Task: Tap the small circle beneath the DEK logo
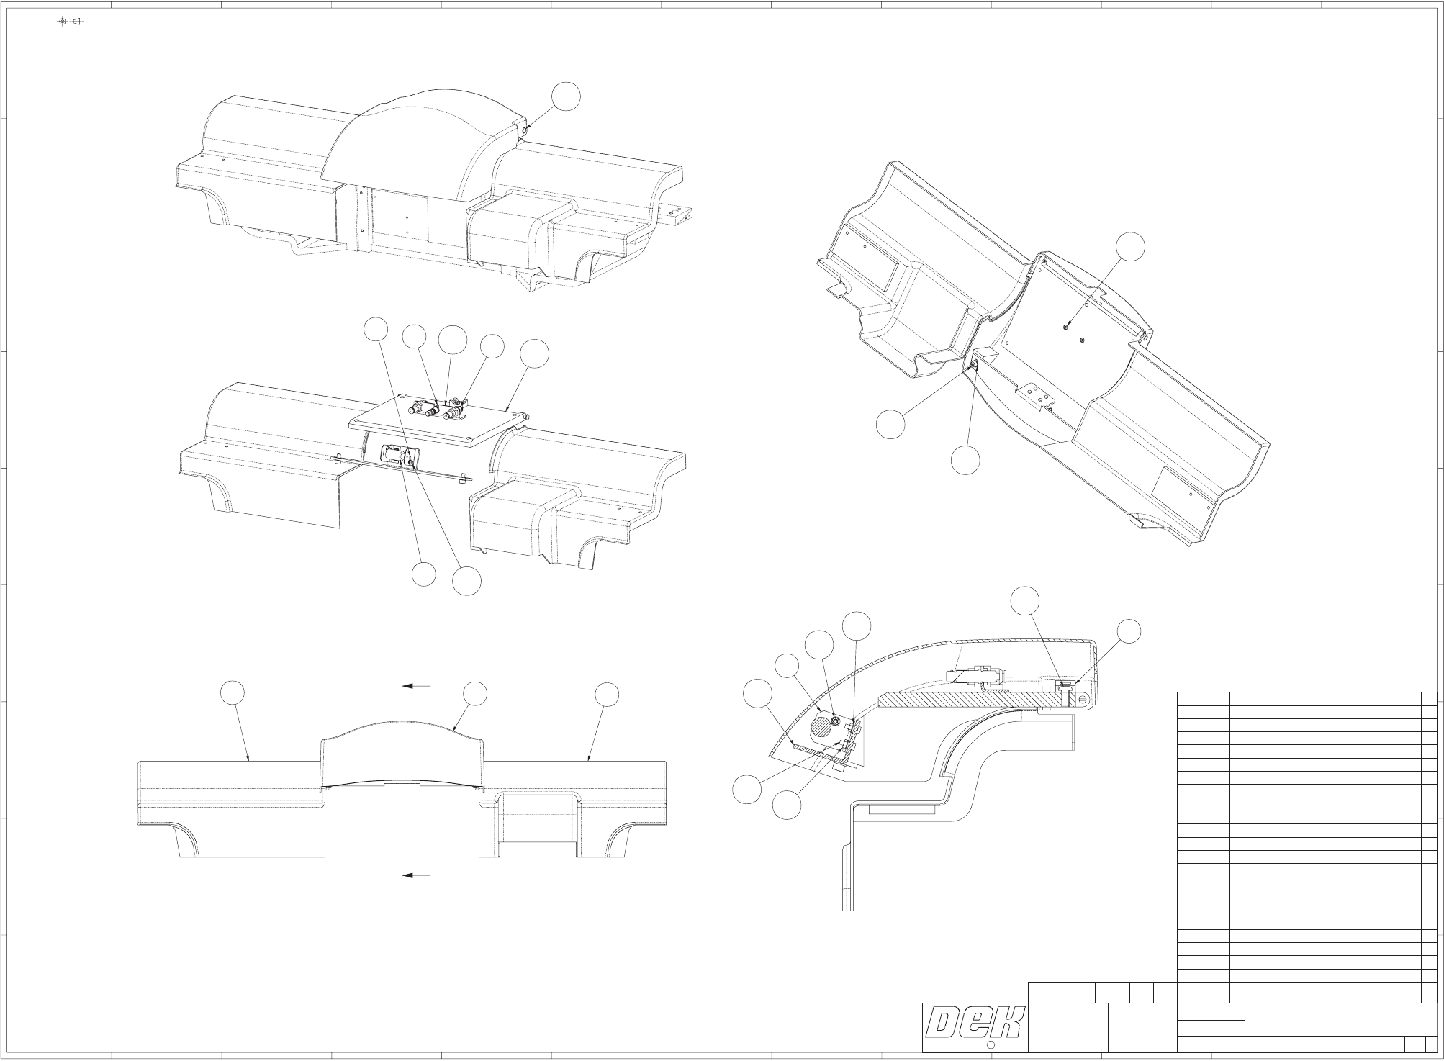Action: [989, 1044]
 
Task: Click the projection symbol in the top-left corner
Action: [70, 21]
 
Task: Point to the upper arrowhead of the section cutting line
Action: [405, 686]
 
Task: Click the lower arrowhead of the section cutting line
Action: [405, 875]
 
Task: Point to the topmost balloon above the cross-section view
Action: [1024, 601]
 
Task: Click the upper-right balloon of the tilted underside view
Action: [1131, 247]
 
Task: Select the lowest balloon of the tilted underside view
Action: [965, 460]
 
